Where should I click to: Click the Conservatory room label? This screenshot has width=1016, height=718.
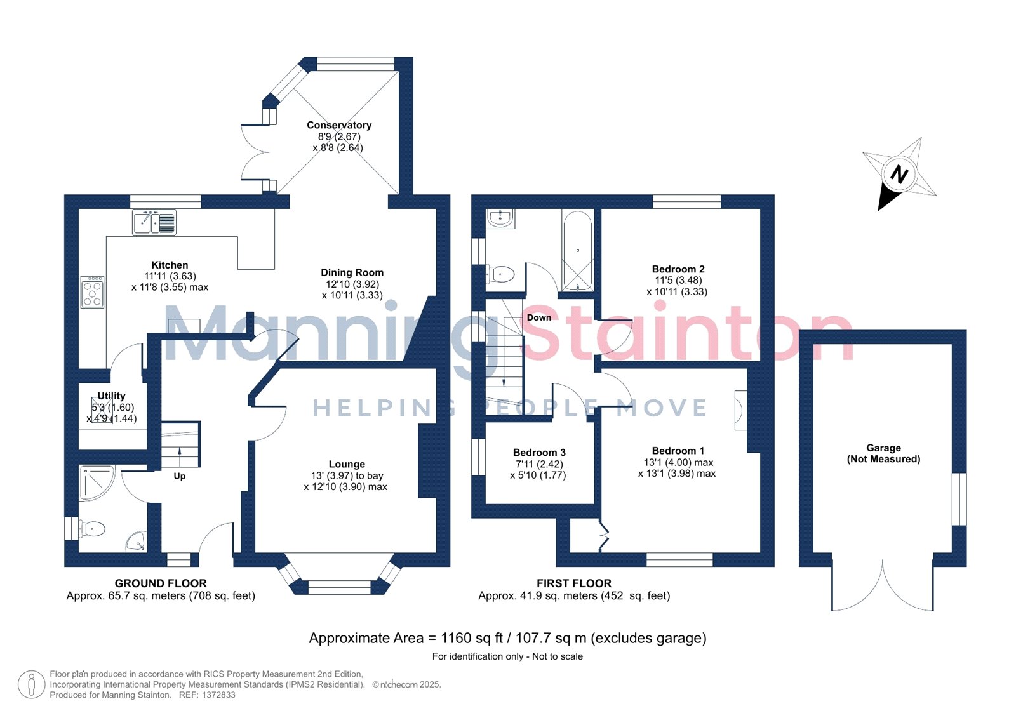pyautogui.click(x=339, y=125)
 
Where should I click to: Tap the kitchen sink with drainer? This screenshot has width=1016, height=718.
pyautogui.click(x=154, y=222)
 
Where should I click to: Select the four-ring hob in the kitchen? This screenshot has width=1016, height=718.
pyautogui.click(x=93, y=292)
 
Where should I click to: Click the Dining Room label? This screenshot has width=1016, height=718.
pyautogui.click(x=352, y=272)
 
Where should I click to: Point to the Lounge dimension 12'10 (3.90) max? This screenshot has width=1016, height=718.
pyautogui.click(x=345, y=487)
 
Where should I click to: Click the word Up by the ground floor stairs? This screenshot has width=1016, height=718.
pyautogui.click(x=180, y=476)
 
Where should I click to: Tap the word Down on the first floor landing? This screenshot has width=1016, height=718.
pyautogui.click(x=539, y=317)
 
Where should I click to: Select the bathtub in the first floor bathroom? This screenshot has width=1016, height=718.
pyautogui.click(x=577, y=250)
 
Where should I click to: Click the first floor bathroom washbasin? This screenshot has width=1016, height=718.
pyautogui.click(x=500, y=218)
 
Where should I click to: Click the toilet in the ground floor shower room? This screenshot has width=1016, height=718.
pyautogui.click(x=92, y=529)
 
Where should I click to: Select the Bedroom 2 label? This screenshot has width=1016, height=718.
pyautogui.click(x=678, y=269)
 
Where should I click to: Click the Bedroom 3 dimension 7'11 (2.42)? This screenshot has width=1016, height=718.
pyautogui.click(x=539, y=464)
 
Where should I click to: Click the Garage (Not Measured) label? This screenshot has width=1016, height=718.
pyautogui.click(x=883, y=453)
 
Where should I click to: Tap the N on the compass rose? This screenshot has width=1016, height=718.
pyautogui.click(x=899, y=174)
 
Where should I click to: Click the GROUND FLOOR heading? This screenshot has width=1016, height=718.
pyautogui.click(x=161, y=583)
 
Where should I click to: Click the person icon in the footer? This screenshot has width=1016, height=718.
pyautogui.click(x=31, y=684)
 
